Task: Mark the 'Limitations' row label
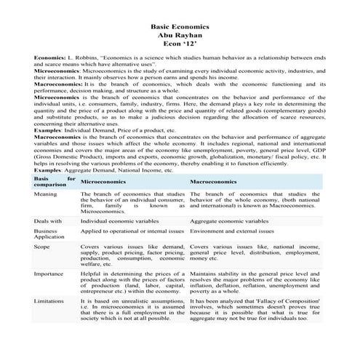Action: tap(49, 300)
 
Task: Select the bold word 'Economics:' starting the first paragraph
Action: tap(49, 56)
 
